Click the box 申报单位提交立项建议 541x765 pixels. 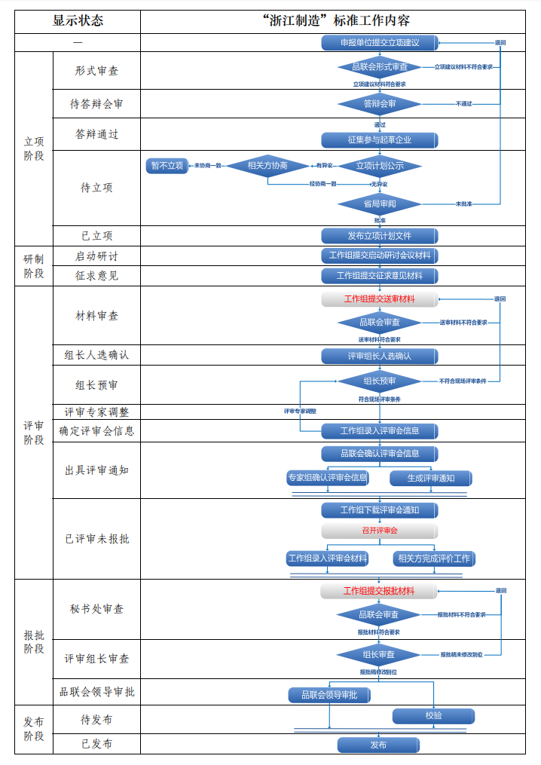pyautogui.click(x=380, y=43)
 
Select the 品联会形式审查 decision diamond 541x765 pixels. pyautogui.click(x=380, y=67)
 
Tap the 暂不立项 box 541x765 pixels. pyautogui.click(x=167, y=166)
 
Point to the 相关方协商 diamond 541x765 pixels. pyautogui.click(x=267, y=166)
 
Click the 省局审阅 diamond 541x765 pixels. pyautogui.click(x=380, y=203)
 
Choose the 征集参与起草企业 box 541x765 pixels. pyautogui.click(x=380, y=140)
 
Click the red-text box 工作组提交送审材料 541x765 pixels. pyautogui.click(x=380, y=299)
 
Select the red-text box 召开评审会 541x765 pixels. pyautogui.click(x=380, y=531)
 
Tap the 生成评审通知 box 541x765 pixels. pyautogui.click(x=431, y=478)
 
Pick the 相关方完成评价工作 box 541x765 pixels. pyautogui.click(x=433, y=558)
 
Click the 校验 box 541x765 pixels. pyautogui.click(x=433, y=715)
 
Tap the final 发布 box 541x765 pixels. pyautogui.click(x=378, y=745)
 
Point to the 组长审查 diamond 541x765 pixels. pyautogui.click(x=380, y=654)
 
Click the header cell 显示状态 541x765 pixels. pyautogui.click(x=78, y=20)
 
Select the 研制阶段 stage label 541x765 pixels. pyautogui.click(x=34, y=266)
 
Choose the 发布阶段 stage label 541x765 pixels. pyautogui.click(x=34, y=729)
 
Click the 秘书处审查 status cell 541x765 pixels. pyautogui.click(x=96, y=609)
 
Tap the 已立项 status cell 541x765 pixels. pyautogui.click(x=96, y=236)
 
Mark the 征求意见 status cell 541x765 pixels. pyautogui.click(x=96, y=276)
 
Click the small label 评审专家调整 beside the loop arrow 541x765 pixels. pyautogui.click(x=300, y=412)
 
